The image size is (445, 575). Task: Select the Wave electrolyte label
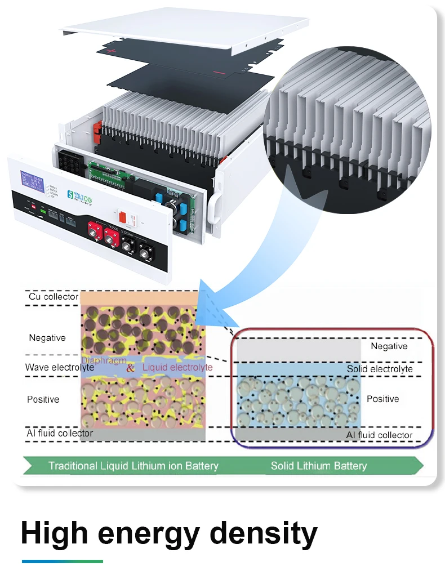(59, 367)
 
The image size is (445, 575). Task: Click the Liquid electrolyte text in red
(177, 367)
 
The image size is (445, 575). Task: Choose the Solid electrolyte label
(380, 369)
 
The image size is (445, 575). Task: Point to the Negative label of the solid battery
(389, 346)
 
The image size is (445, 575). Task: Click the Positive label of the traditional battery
(43, 399)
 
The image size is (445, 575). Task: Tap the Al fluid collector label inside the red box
(379, 435)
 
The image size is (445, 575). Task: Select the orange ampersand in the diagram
(131, 368)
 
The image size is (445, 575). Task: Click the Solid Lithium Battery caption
(319, 466)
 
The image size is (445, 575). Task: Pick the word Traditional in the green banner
(73, 466)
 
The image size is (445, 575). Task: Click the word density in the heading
(263, 532)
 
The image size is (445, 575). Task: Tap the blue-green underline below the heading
(63, 561)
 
